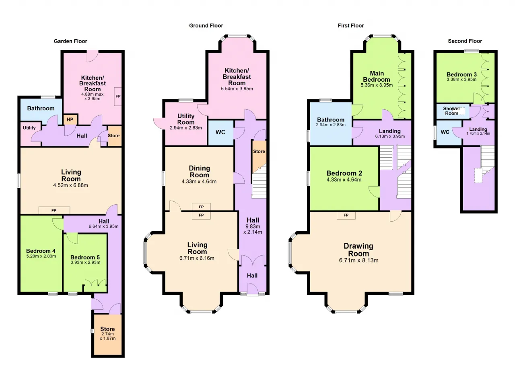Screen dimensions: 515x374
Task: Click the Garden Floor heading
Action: tap(70, 41)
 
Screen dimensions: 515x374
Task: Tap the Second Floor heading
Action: tap(465, 41)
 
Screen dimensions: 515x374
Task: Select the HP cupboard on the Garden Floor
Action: tap(70, 119)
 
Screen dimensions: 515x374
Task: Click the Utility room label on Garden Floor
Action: tap(29, 128)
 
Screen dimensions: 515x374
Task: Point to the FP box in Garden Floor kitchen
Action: tap(118, 96)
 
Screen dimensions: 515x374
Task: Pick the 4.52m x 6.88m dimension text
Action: tap(70, 185)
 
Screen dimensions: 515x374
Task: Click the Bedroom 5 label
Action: tap(85, 257)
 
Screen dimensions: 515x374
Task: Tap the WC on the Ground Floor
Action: tap(220, 132)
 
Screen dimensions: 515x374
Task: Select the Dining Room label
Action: tap(199, 171)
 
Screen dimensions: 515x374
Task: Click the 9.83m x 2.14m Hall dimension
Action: tap(253, 229)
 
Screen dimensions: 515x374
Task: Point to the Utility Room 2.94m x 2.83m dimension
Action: tap(186, 128)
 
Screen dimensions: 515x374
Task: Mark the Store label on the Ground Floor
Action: tap(259, 151)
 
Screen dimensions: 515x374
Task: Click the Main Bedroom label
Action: tap(377, 76)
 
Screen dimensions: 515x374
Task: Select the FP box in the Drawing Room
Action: tap(346, 215)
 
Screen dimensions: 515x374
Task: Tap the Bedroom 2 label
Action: tap(344, 173)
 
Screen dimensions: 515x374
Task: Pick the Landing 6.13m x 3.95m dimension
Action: tap(390, 136)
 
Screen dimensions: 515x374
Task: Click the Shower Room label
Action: tap(451, 111)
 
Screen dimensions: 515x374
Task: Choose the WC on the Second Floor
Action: tap(445, 132)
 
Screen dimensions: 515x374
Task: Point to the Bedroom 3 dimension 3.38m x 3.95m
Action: tap(461, 80)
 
